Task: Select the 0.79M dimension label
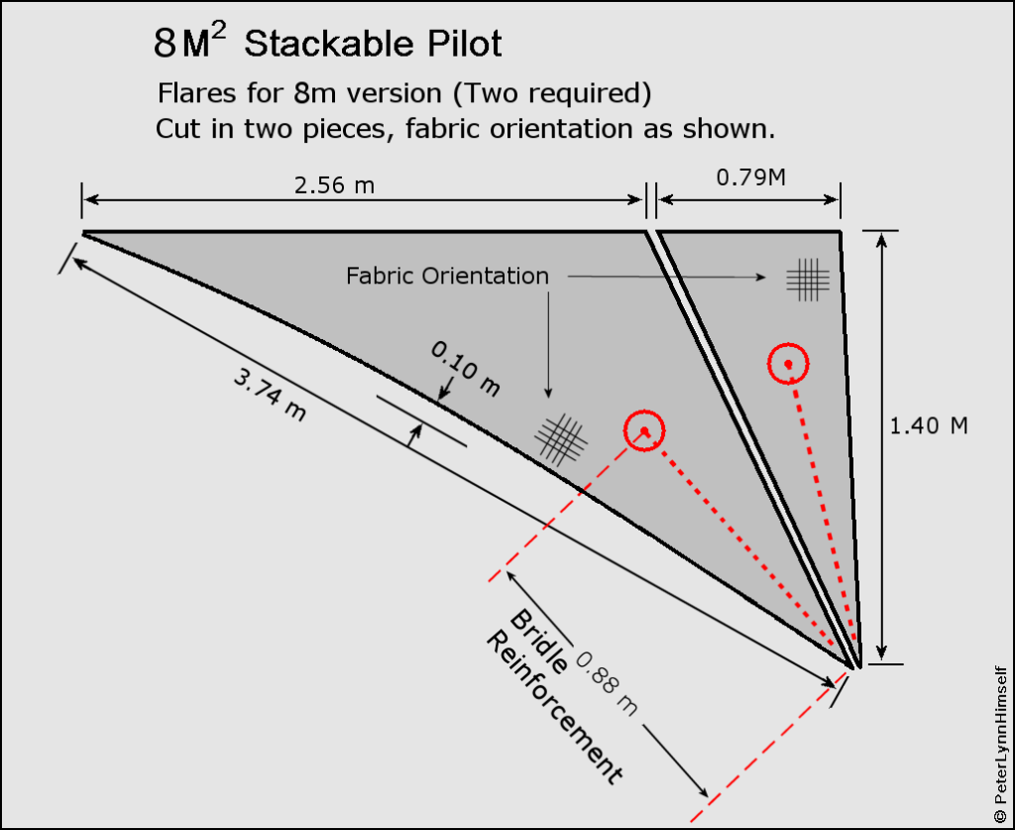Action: [x=748, y=179]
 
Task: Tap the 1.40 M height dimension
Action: [x=929, y=425]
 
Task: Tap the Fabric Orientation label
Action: [x=447, y=276]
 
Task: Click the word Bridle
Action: [x=538, y=645]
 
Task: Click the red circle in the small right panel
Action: [x=788, y=364]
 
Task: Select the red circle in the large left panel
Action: [x=644, y=431]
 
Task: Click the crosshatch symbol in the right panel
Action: [x=808, y=279]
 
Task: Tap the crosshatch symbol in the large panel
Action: [x=562, y=438]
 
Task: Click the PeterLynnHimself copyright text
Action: [x=998, y=741]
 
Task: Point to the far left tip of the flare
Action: [x=84, y=233]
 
